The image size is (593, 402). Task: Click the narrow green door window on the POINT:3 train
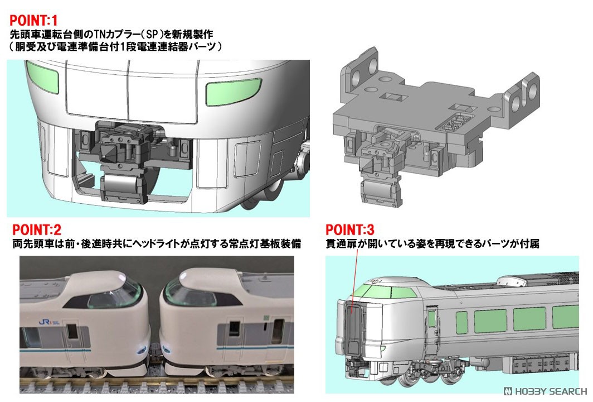431,319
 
